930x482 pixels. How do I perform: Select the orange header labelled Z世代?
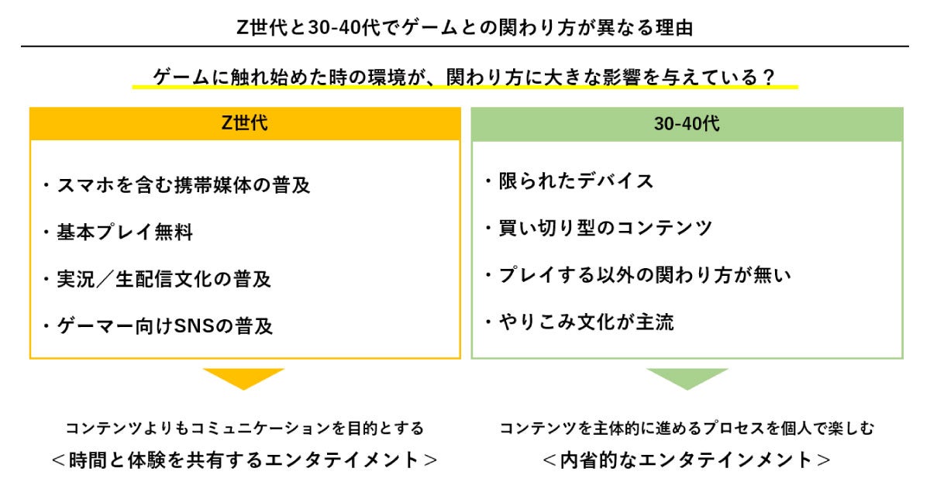click(245, 123)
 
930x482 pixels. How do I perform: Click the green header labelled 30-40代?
click(687, 124)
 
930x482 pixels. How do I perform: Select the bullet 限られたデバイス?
click(569, 181)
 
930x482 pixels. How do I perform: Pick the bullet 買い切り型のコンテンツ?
click(598, 229)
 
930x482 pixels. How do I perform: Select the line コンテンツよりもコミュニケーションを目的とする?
click(245, 428)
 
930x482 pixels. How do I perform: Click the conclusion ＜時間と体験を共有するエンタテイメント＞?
click(245, 460)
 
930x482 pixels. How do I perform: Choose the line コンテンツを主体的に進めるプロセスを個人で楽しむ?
click(687, 428)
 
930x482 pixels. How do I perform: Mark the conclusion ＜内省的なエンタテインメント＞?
click(687, 460)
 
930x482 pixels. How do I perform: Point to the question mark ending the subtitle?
click(768, 77)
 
